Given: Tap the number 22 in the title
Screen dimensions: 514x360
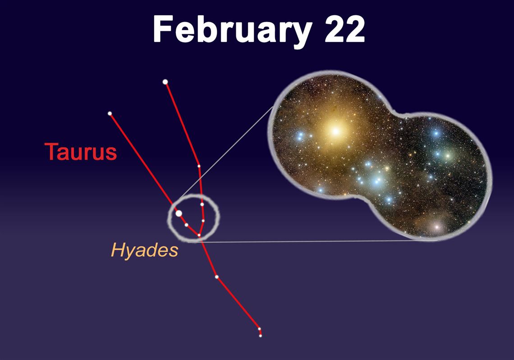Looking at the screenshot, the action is pyautogui.click(x=344, y=29).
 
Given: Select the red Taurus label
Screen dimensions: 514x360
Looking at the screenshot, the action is pyautogui.click(x=81, y=152).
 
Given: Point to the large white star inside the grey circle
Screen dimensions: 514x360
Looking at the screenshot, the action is pyautogui.click(x=179, y=213).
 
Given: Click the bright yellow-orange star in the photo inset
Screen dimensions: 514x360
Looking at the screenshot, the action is pyautogui.click(x=335, y=131).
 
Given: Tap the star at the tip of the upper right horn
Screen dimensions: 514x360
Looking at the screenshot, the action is pyautogui.click(x=165, y=82).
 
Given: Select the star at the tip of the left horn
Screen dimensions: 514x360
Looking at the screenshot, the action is pyautogui.click(x=110, y=113).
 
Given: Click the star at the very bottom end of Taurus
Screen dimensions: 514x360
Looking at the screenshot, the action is pyautogui.click(x=261, y=335).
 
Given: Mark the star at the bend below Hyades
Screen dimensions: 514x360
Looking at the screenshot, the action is pyautogui.click(x=217, y=277).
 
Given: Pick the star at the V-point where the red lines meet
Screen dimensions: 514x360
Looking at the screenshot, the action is pyautogui.click(x=199, y=235).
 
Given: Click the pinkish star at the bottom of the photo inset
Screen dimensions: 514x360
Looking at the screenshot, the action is pyautogui.click(x=436, y=226).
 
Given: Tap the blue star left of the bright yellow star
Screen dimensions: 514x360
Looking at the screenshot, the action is pyautogui.click(x=300, y=136).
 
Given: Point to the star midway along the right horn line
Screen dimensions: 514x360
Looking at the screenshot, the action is pyautogui.click(x=199, y=166).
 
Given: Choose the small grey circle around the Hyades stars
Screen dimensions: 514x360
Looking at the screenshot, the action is pyautogui.click(x=168, y=218).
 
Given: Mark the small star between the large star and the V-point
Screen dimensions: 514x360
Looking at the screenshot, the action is pyautogui.click(x=186, y=225).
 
